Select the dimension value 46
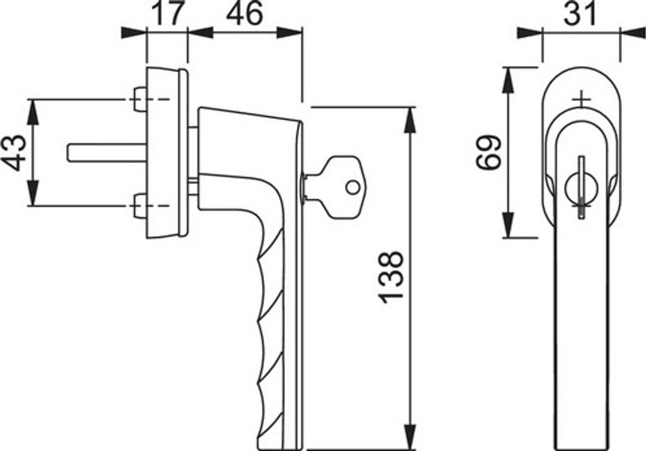coord(244,13)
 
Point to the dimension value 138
coord(391,277)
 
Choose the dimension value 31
coord(580,13)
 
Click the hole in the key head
coord(353,188)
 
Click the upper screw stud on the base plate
coord(141,99)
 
